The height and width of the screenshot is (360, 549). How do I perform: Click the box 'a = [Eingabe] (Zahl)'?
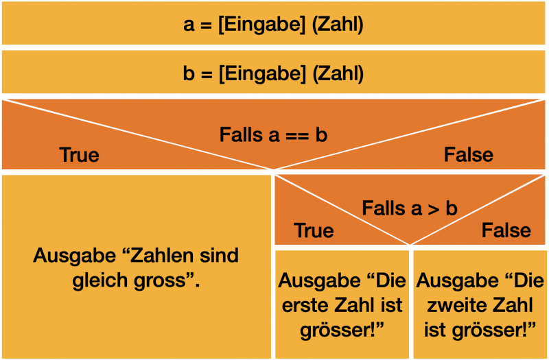pos(274,25)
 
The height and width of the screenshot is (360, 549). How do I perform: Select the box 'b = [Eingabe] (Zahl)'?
pos(274,73)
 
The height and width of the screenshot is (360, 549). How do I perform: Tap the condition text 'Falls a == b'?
pos(273,134)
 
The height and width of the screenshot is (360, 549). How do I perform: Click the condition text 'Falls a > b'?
pos(410,208)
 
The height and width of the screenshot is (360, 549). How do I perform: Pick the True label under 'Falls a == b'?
pos(80,155)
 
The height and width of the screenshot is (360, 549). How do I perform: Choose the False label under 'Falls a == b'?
pos(469,155)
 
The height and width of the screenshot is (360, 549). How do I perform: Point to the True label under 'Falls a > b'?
pos(314,230)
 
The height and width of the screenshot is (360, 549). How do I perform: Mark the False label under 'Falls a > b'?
pos(506,230)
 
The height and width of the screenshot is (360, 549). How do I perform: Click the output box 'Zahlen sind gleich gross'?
pos(136,267)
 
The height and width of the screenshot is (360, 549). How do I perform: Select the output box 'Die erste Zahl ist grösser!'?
pos(342,305)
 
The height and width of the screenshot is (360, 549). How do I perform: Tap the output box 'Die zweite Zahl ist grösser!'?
pos(480,305)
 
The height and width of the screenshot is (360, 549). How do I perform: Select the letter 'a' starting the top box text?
pos(189,25)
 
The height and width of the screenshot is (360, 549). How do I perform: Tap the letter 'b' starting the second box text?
pos(189,73)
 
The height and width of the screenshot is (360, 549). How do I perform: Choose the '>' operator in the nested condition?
pos(433,208)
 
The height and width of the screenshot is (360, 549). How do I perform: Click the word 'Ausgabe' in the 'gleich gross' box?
pos(73,256)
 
